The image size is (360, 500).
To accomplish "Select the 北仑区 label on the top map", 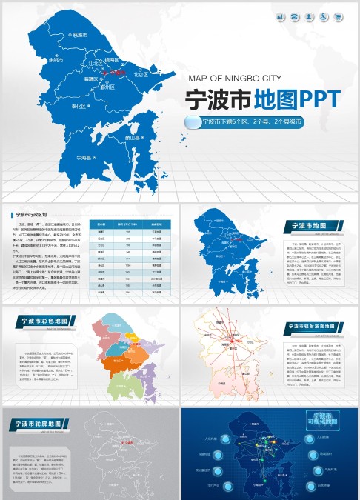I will [140, 75].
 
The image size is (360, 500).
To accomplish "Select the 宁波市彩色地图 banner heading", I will [47, 321].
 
